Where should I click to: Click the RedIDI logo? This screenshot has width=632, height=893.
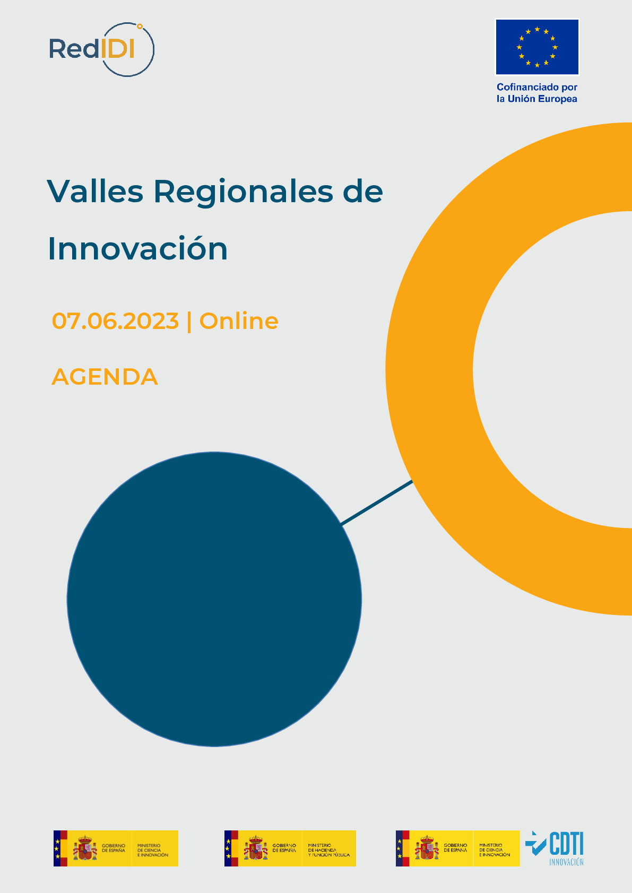pyautogui.click(x=101, y=49)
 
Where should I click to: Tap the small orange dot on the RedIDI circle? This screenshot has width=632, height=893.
pyautogui.click(x=140, y=25)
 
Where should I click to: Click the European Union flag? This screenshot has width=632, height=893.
pyautogui.click(x=537, y=47)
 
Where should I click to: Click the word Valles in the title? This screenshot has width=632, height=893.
pyautogui.click(x=96, y=191)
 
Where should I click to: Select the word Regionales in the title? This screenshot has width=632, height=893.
pyautogui.click(x=244, y=192)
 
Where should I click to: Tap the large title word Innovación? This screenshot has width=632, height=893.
pyautogui.click(x=138, y=248)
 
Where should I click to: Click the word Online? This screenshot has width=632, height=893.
pyautogui.click(x=239, y=321)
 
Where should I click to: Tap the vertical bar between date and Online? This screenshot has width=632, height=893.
pyautogui.click(x=189, y=322)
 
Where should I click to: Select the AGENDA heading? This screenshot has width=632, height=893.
pyautogui.click(x=105, y=377)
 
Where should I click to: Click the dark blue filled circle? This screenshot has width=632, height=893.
pyautogui.click(x=214, y=600)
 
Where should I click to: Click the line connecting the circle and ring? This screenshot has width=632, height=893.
pyautogui.click(x=377, y=502)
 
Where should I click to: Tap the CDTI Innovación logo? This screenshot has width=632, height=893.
pyautogui.click(x=555, y=847)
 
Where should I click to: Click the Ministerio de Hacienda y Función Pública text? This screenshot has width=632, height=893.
pyautogui.click(x=328, y=850)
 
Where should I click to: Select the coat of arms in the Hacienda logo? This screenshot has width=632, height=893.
pyautogui.click(x=256, y=848)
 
